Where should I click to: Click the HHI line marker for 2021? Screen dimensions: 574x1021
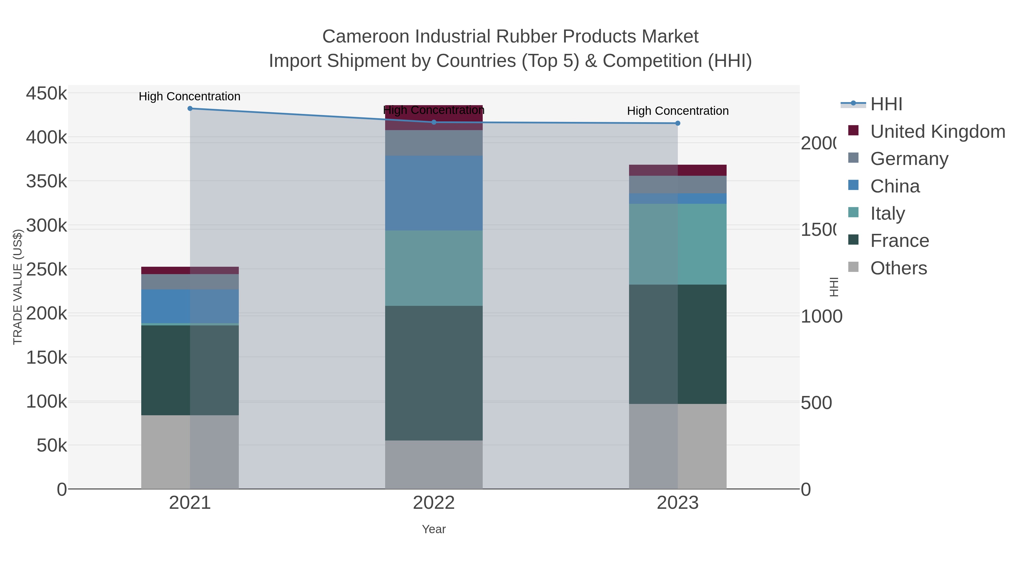190,109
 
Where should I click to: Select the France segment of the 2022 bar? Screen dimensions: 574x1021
434,373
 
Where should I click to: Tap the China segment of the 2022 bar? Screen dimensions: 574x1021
434,193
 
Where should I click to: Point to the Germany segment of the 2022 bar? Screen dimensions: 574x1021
434,143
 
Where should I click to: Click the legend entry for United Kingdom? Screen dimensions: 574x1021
937,132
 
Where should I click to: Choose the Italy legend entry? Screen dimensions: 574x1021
887,213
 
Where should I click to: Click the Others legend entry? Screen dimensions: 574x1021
898,268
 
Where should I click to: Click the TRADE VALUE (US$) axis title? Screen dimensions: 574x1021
18,287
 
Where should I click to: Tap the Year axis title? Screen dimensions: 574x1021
434,529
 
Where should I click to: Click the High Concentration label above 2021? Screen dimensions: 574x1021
189,97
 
